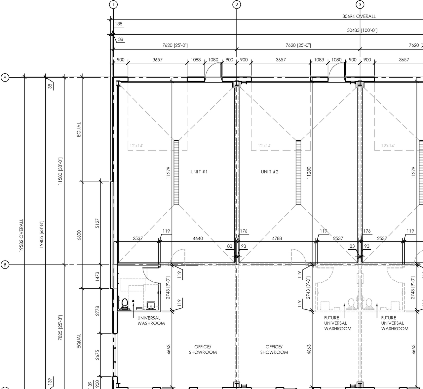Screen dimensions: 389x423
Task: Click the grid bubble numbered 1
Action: [x=113, y=4]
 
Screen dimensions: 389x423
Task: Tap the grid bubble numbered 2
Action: [x=237, y=4]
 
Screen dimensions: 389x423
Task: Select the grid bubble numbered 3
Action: [x=360, y=4]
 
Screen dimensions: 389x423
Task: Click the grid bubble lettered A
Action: [x=5, y=78]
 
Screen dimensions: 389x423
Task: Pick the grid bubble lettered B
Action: [x=5, y=265]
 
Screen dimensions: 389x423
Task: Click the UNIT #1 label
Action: [x=199, y=172]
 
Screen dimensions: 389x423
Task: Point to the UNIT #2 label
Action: [x=270, y=172]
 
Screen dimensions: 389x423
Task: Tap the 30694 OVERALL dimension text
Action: [x=359, y=16]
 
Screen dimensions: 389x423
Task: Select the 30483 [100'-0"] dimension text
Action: [x=362, y=30]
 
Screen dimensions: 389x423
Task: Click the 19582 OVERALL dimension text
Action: [x=21, y=235]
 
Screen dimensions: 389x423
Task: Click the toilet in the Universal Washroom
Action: [x=125, y=304]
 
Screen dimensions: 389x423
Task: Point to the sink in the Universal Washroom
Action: [x=151, y=305]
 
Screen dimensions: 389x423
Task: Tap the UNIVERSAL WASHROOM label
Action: [x=151, y=321]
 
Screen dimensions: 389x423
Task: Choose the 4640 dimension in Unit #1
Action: [x=198, y=238]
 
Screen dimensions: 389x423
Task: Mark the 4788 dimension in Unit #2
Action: [x=277, y=238]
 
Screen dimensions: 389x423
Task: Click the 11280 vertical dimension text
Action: [x=309, y=173]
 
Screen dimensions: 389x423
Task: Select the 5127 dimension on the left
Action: [x=97, y=223]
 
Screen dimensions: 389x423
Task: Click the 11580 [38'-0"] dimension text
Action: [x=60, y=171]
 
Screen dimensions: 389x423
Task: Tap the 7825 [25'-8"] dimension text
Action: [x=60, y=328]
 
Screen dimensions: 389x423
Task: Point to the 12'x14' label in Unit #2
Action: [x=264, y=146]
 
